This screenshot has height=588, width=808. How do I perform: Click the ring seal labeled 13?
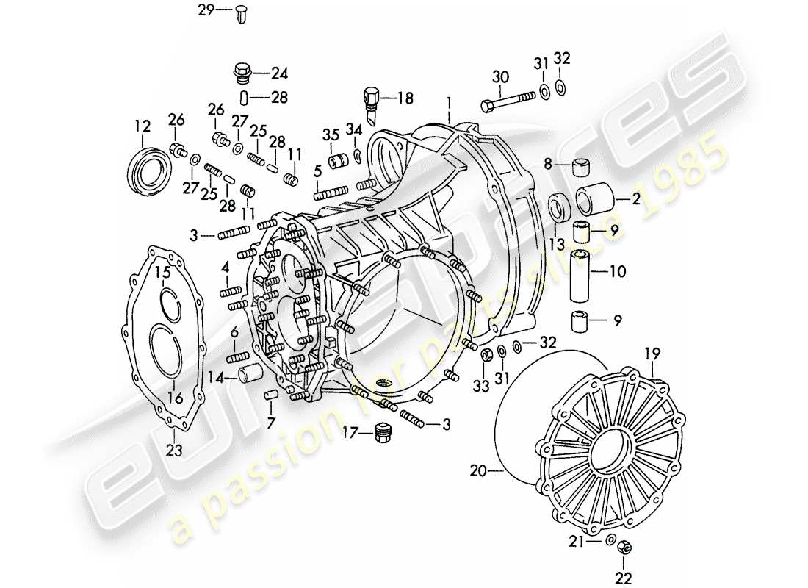(x=560, y=207)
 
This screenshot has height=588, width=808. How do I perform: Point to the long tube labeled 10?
(x=583, y=273)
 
